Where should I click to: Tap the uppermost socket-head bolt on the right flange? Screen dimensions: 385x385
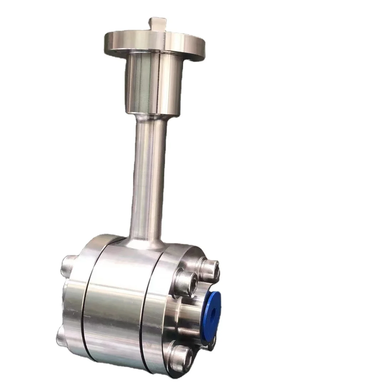(x=209, y=267)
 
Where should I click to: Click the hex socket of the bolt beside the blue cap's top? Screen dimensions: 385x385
(x=188, y=283)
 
